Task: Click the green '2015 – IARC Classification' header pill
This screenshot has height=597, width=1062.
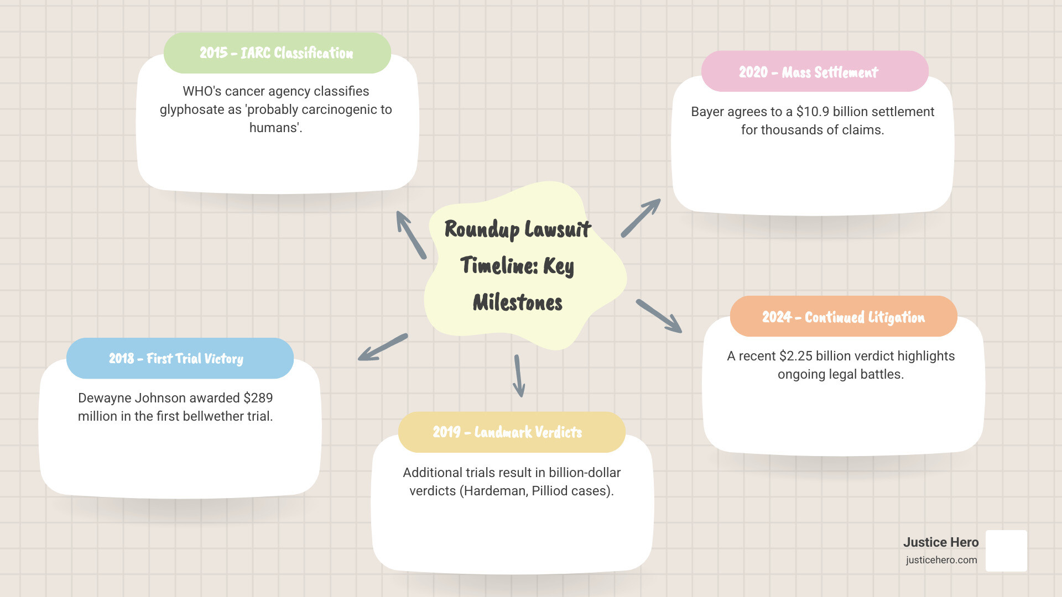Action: point(277,53)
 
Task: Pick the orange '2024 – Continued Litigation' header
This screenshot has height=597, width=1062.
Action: point(843,317)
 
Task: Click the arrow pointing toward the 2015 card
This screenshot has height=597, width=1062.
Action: point(411,235)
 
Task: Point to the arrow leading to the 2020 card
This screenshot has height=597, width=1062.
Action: point(641,218)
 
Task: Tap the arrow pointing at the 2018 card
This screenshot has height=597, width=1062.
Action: point(383,347)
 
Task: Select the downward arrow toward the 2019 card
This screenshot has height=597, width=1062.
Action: point(519,376)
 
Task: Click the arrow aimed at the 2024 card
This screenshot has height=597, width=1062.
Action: point(659,316)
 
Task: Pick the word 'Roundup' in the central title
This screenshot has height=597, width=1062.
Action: point(481,229)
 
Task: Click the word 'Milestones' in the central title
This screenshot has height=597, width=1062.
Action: point(518,302)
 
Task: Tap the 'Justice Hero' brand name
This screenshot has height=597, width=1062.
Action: point(941,542)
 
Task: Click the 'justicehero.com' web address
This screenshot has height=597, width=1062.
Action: point(941,560)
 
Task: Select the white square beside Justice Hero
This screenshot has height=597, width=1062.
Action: point(1006,551)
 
